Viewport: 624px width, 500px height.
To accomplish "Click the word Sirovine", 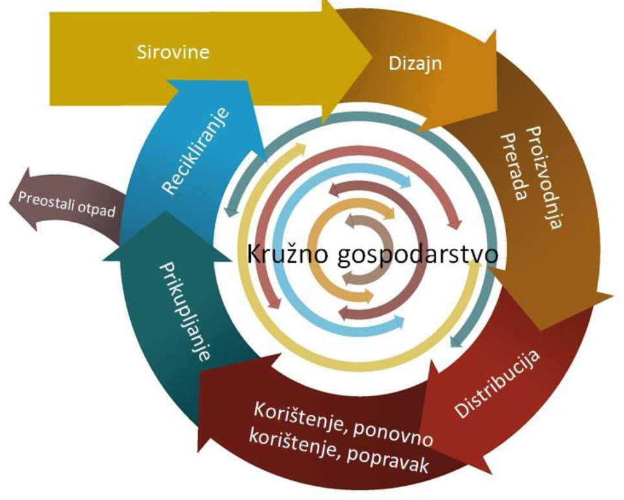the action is pyautogui.click(x=173, y=52).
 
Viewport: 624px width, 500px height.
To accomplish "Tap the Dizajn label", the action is pyautogui.click(x=415, y=64).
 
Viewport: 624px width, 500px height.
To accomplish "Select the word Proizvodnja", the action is pyautogui.click(x=544, y=177).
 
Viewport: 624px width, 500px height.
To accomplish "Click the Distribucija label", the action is pyautogui.click(x=497, y=384).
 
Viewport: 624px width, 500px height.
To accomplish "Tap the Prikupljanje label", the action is pyautogui.click(x=185, y=311).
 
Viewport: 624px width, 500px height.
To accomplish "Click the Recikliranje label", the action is pyautogui.click(x=196, y=151).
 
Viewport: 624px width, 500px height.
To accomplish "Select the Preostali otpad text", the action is pyautogui.click(x=67, y=205).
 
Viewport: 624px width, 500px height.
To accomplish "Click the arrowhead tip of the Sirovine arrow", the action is pyautogui.click(x=372, y=58).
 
